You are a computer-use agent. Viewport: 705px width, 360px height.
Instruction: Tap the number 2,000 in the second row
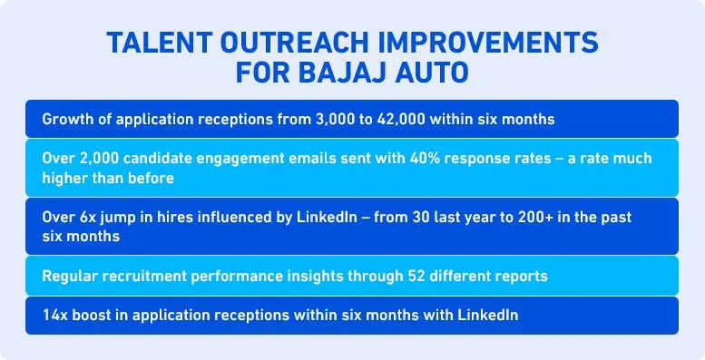pos(99,158)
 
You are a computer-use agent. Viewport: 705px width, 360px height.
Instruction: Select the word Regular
pos(69,276)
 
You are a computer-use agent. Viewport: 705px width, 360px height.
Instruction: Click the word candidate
pos(161,158)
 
